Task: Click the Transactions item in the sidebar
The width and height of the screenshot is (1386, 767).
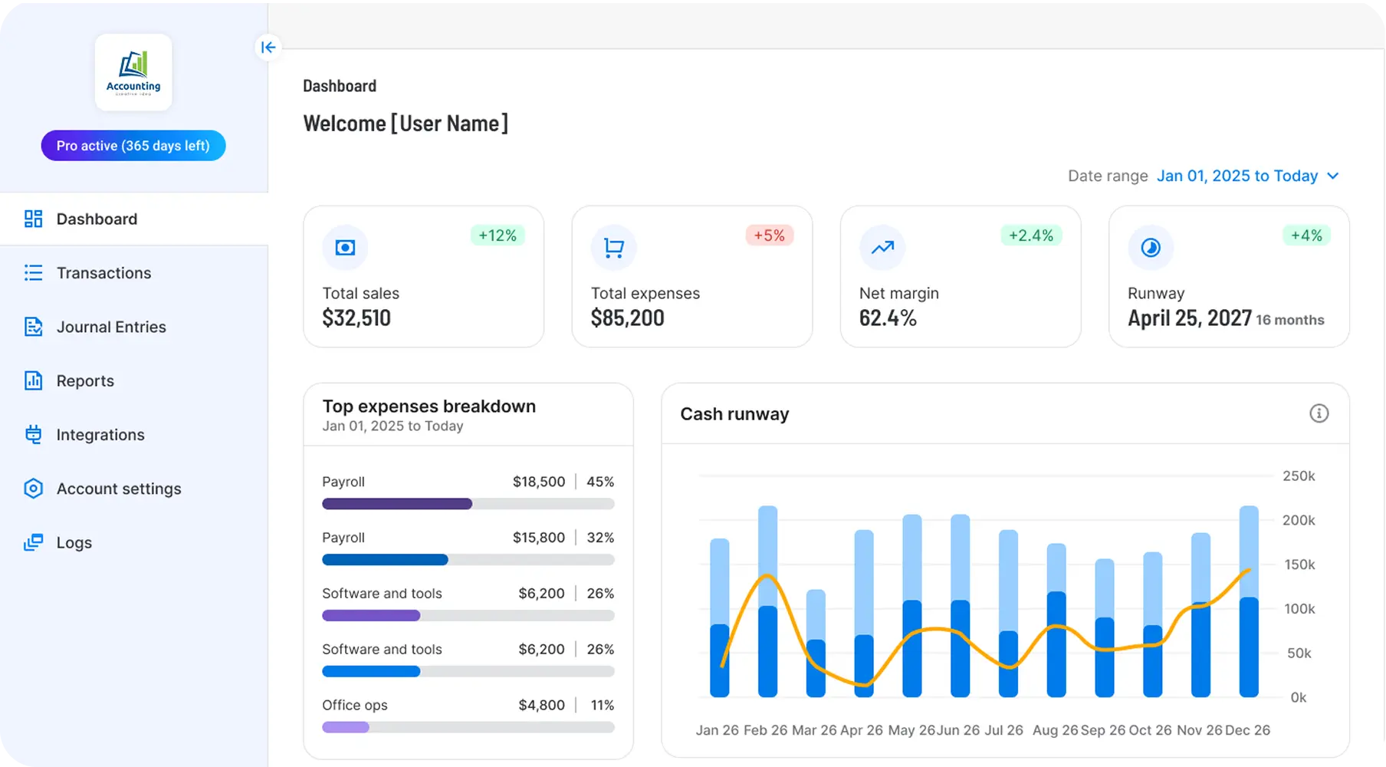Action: (x=103, y=273)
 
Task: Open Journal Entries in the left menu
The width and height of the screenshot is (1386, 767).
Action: (x=110, y=327)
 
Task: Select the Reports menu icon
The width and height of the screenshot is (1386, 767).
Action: (x=33, y=380)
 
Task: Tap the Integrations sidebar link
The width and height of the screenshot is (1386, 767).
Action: (x=100, y=435)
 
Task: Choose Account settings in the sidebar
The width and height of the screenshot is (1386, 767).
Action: (x=118, y=489)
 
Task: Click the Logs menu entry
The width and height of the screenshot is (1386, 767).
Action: (x=74, y=542)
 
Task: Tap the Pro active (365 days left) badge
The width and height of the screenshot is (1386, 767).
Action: (x=133, y=146)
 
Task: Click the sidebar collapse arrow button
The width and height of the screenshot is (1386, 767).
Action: (x=268, y=48)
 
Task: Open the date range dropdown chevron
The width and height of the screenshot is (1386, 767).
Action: (x=1333, y=176)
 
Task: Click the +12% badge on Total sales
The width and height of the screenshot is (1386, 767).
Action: (x=498, y=235)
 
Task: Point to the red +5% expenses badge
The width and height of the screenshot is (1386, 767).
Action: (x=769, y=235)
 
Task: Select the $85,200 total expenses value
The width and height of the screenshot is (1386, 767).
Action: (x=627, y=318)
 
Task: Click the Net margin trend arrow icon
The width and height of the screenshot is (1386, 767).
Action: (x=882, y=247)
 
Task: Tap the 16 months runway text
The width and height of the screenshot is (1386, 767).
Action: (x=1289, y=320)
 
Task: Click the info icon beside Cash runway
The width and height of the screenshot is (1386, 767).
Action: (x=1319, y=413)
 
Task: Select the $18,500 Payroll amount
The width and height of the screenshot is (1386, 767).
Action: (x=538, y=482)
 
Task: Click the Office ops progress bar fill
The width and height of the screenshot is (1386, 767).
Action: (x=346, y=727)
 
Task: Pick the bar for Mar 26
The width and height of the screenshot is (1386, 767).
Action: (x=816, y=644)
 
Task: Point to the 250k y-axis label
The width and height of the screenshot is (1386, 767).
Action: (x=1299, y=476)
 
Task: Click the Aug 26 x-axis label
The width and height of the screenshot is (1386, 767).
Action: (x=1054, y=730)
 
